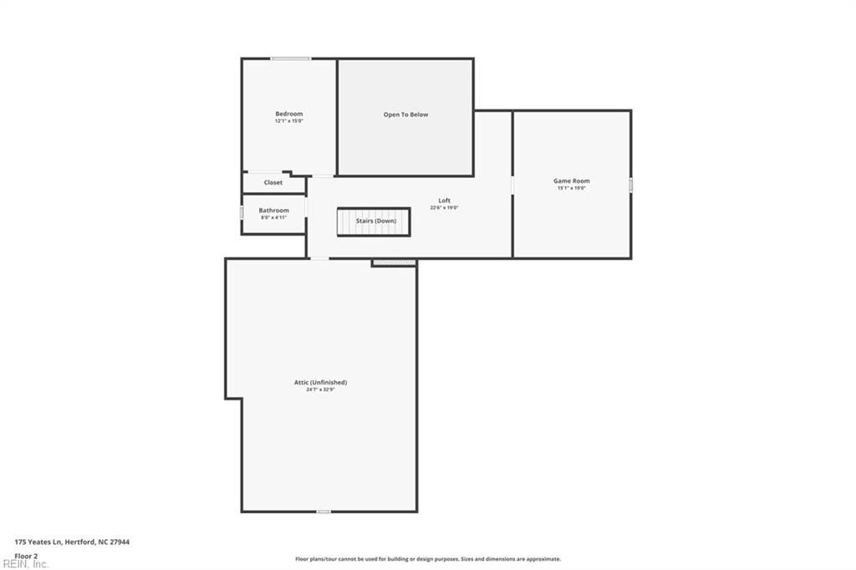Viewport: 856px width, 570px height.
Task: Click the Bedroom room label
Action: [289, 114]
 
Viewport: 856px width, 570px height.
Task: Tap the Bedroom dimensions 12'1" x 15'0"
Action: [289, 121]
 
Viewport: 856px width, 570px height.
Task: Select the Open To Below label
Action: [405, 115]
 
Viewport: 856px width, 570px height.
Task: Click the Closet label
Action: [273, 182]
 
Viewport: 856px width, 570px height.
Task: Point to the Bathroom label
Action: [273, 211]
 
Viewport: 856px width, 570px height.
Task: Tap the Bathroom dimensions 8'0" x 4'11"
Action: [273, 217]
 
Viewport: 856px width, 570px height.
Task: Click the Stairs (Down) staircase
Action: [374, 221]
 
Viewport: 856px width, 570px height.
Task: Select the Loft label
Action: [445, 201]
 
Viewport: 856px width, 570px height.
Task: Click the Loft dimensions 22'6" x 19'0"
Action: [445, 208]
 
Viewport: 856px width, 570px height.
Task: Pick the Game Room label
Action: [572, 181]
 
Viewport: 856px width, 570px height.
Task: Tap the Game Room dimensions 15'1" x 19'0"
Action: [572, 188]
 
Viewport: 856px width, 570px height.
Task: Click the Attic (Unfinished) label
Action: [320, 382]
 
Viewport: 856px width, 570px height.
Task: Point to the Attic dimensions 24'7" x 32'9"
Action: [320, 389]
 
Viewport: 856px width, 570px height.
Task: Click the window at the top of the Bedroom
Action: [291, 59]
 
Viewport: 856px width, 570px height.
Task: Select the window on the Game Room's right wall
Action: [631, 184]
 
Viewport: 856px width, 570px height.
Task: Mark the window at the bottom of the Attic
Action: [323, 511]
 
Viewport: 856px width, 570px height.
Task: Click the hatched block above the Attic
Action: [394, 262]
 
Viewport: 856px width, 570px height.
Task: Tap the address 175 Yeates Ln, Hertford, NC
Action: [72, 542]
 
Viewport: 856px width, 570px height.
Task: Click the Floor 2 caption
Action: [27, 555]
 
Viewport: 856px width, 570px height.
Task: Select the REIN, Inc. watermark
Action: [25, 564]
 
